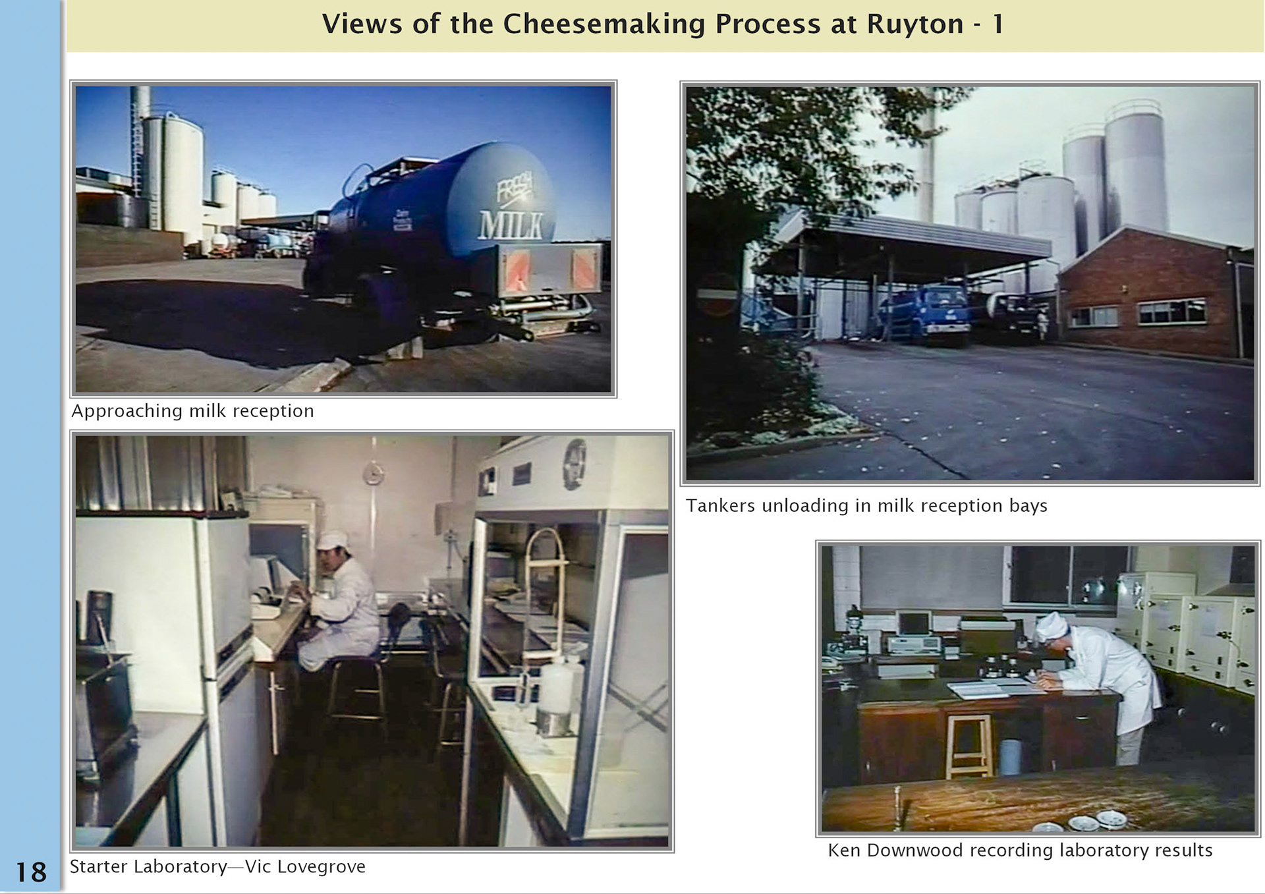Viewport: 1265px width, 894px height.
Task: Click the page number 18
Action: coord(31,872)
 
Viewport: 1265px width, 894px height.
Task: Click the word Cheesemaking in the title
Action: coord(604,24)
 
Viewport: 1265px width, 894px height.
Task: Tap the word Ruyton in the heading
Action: coord(914,24)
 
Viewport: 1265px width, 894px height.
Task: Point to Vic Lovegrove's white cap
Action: coord(333,540)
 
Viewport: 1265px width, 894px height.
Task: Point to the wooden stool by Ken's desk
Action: coord(969,744)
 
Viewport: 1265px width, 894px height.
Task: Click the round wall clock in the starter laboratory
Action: coord(373,473)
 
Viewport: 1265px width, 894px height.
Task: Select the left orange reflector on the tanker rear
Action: coord(517,269)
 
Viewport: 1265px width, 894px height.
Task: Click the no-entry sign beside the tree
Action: coord(717,293)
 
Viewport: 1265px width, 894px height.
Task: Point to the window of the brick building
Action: coord(1171,312)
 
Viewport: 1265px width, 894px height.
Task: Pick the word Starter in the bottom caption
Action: coord(98,866)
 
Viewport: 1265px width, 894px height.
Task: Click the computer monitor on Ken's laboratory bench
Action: coord(913,623)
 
